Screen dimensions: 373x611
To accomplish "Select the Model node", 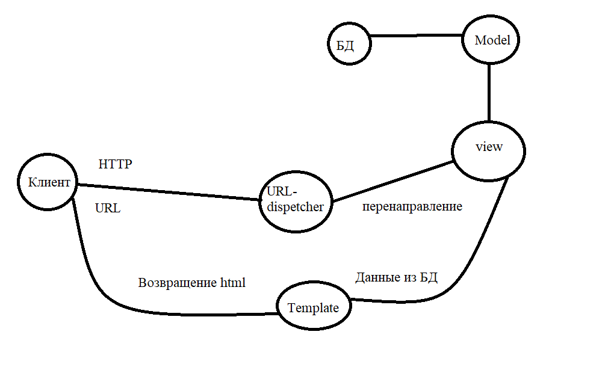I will tap(492, 41).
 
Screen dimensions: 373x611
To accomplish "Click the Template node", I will tap(313, 307).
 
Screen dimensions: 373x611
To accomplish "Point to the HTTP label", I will tap(115, 164).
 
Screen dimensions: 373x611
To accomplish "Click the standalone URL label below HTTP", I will tap(108, 209).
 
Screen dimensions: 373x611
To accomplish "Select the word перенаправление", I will tap(412, 206).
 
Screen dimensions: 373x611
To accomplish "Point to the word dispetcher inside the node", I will tap(296, 207).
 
